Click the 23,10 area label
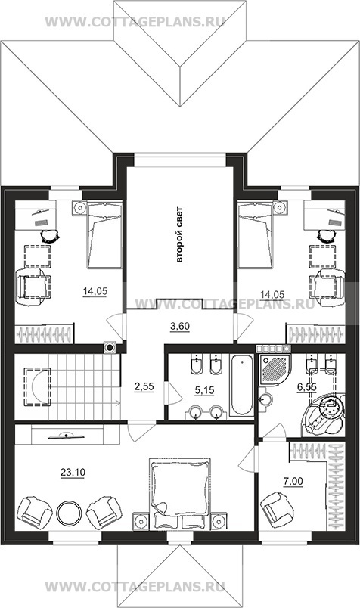[73, 473]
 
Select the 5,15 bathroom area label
[204, 390]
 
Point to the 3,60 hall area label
[180, 327]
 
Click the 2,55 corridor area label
[144, 386]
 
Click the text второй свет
[178, 235]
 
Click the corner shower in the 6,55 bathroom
[275, 369]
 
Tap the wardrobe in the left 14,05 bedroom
[44, 333]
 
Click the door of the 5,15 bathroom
[172, 392]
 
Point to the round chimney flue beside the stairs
[110, 347]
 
